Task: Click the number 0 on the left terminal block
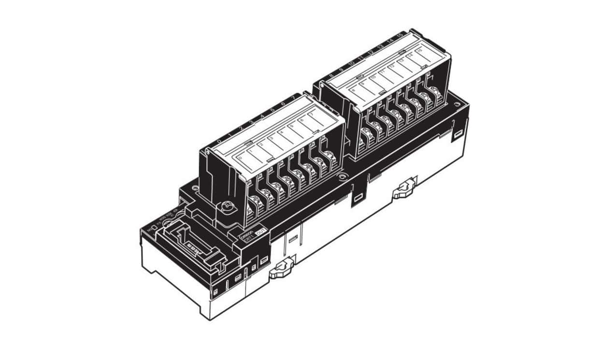219,141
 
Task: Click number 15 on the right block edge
400,35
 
